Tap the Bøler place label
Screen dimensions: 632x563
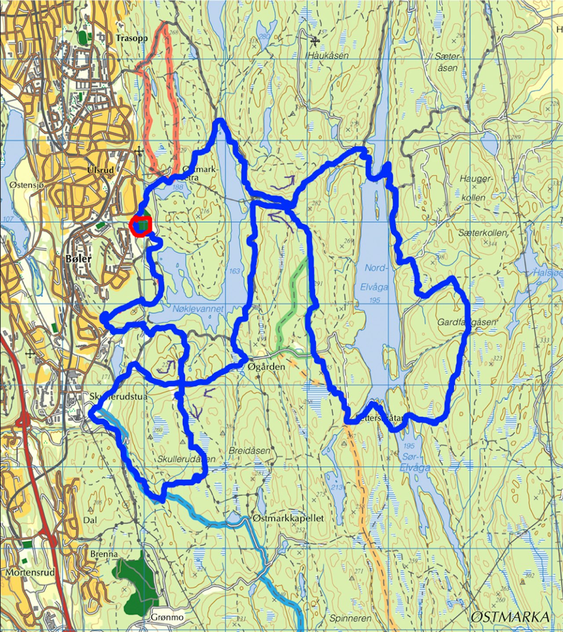pyautogui.click(x=78, y=259)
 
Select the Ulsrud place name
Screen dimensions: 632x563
pyautogui.click(x=100, y=170)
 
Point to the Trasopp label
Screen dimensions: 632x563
pyautogui.click(x=132, y=38)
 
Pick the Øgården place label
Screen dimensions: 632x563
pyautogui.click(x=267, y=366)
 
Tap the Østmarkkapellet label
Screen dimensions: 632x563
pyautogui.click(x=289, y=518)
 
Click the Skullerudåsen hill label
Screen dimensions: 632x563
pyautogui.click(x=186, y=459)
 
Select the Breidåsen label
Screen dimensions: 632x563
pyautogui.click(x=249, y=451)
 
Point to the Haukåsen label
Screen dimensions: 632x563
pyautogui.click(x=328, y=55)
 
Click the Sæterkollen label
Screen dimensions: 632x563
pyautogui.click(x=483, y=233)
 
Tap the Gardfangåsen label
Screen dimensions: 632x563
pyautogui.click(x=466, y=322)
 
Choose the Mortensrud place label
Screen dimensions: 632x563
pyautogui.click(x=30, y=573)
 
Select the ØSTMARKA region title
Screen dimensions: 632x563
pyautogui.click(x=510, y=617)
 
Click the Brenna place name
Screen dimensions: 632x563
pyautogui.click(x=104, y=554)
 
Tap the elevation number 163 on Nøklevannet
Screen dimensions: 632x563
pyautogui.click(x=234, y=271)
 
